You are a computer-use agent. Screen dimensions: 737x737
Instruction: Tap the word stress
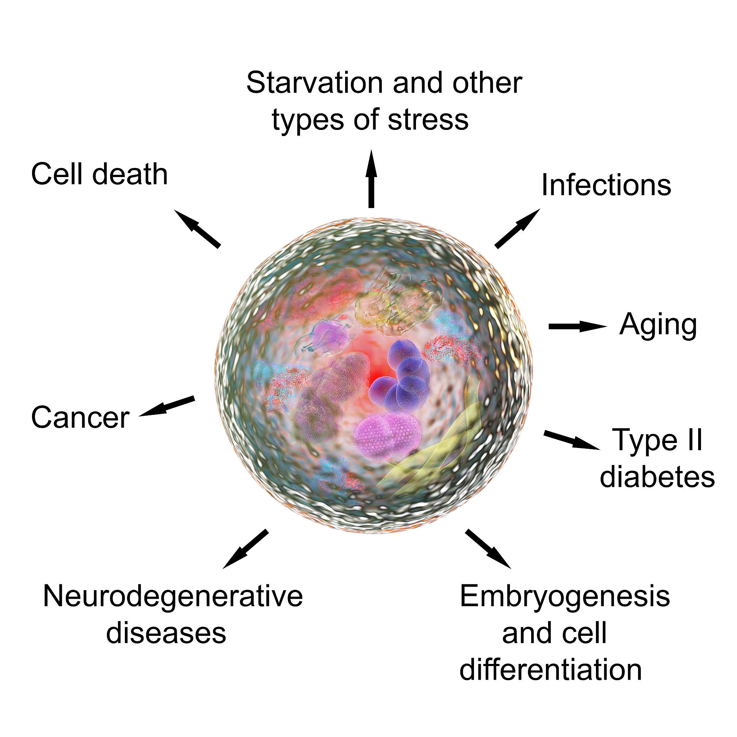point(428,120)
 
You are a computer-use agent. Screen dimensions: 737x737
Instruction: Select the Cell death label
point(100,174)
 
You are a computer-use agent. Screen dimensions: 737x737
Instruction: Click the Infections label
point(606,185)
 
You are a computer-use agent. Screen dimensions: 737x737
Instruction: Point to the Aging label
point(659,325)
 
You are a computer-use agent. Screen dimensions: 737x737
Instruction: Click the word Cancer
point(81,417)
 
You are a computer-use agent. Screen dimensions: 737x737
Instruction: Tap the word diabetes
point(657,477)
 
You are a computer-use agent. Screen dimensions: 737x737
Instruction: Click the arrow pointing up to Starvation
point(371,178)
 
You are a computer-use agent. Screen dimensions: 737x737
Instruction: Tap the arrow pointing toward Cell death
point(197,229)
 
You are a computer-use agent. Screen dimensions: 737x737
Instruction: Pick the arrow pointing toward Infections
point(517,229)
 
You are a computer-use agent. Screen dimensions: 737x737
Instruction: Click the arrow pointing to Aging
point(578,326)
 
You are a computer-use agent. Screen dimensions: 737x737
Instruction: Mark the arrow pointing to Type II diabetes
point(572,440)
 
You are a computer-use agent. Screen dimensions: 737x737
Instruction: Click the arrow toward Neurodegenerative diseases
point(245,549)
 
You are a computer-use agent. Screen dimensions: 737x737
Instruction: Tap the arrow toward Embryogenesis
point(488,549)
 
